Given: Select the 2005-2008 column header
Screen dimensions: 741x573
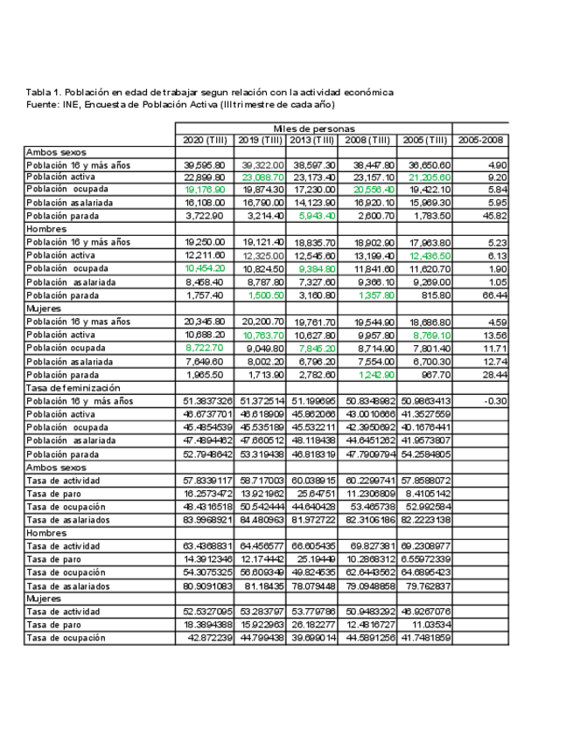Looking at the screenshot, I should click(x=479, y=140).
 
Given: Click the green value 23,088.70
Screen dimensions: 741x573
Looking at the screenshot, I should click(x=260, y=177).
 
